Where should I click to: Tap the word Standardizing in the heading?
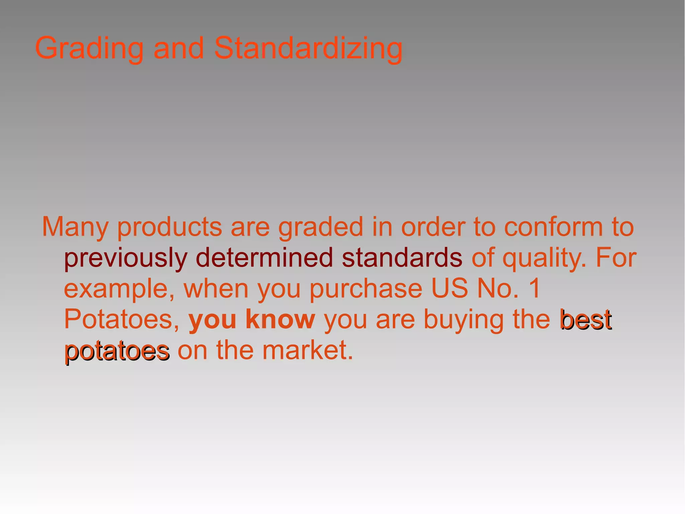coord(308,49)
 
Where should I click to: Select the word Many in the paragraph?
coord(75,227)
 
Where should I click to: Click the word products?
coord(170,227)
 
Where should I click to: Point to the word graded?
coord(320,227)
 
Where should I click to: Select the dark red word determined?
coord(264,258)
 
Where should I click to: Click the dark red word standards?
coord(402,258)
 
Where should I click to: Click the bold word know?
coord(280,319)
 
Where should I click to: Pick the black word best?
coord(586,320)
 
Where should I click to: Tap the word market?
coord(307,350)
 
